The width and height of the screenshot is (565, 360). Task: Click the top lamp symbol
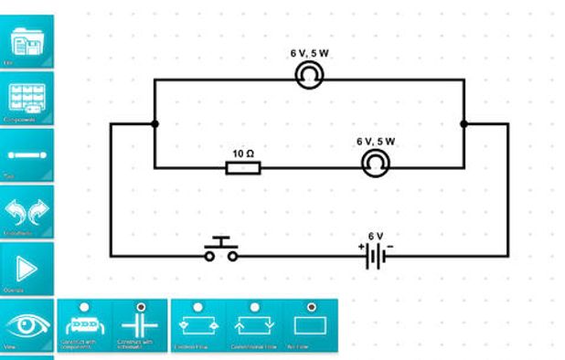click(310, 79)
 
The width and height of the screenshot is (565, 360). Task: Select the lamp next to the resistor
click(374, 164)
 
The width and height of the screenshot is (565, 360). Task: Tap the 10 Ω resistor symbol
click(243, 167)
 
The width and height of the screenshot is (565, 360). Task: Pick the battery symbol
click(375, 257)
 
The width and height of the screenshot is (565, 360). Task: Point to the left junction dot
click(155, 123)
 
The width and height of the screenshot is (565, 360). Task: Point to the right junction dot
click(464, 123)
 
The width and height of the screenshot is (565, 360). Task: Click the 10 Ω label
click(243, 153)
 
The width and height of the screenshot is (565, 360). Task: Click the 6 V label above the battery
click(376, 236)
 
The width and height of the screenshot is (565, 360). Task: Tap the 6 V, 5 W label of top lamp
click(310, 54)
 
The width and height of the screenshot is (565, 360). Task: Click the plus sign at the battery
click(361, 247)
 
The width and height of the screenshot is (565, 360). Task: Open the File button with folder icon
click(27, 42)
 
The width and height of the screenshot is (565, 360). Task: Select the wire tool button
click(27, 155)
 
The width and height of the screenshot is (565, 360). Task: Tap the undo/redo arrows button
click(27, 212)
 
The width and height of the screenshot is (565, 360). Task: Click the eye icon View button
click(27, 326)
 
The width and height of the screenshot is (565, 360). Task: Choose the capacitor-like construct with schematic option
click(140, 326)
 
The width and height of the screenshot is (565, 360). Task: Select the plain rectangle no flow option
click(310, 326)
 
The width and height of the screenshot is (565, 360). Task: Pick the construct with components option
click(84, 326)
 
